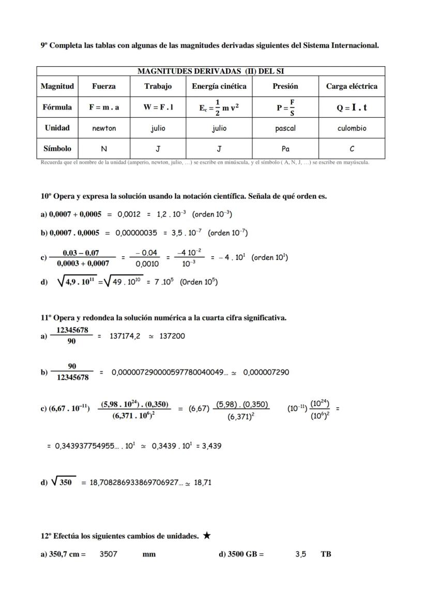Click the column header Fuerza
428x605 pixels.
click(x=104, y=86)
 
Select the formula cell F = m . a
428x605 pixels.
click(x=104, y=107)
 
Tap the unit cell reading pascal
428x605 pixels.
click(x=285, y=128)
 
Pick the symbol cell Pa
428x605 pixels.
click(x=285, y=149)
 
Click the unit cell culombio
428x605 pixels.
click(x=352, y=128)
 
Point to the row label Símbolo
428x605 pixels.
click(x=57, y=148)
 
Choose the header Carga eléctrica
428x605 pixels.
click(x=352, y=86)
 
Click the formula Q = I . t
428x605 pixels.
click(x=352, y=107)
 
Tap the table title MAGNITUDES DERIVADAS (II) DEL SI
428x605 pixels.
click(x=210, y=71)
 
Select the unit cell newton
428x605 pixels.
click(x=104, y=128)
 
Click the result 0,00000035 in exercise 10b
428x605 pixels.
click(x=136, y=233)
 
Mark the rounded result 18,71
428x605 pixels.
click(x=203, y=483)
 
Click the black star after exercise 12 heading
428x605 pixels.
click(x=207, y=536)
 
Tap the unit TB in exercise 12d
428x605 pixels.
click(x=326, y=554)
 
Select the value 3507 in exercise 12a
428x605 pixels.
click(x=109, y=554)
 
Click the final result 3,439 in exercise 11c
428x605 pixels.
click(x=210, y=446)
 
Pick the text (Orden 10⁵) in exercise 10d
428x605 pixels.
click(x=199, y=282)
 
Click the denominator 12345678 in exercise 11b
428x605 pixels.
click(x=72, y=378)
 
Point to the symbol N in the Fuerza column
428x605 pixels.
click(x=104, y=149)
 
